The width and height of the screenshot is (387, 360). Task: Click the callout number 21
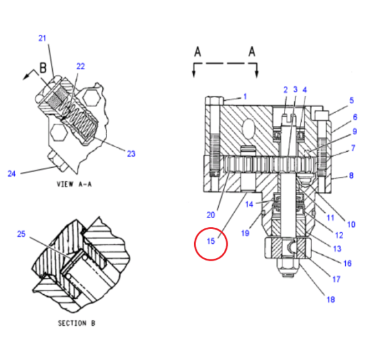click(43, 39)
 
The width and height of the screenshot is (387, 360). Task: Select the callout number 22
click(81, 66)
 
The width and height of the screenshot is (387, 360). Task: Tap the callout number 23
click(131, 154)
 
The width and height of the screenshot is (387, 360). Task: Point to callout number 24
click(11, 173)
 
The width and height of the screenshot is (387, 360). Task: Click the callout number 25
click(21, 234)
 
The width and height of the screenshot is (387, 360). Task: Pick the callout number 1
click(244, 96)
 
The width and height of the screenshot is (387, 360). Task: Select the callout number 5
click(352, 101)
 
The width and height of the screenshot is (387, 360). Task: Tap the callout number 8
click(352, 175)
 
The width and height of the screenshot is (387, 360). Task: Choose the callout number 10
click(351, 225)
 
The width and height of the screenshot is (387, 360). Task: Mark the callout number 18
click(331, 298)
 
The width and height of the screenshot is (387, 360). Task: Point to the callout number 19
click(244, 234)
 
